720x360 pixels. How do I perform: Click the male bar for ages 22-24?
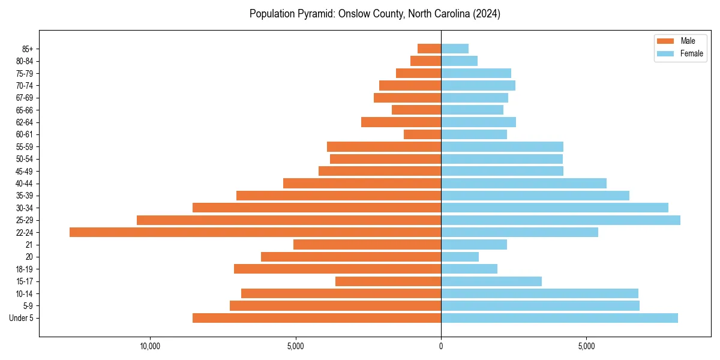point(255,232)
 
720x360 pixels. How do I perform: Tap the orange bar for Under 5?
point(317,318)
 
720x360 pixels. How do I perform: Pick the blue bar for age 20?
point(460,257)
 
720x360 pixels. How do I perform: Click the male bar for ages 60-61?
point(422,134)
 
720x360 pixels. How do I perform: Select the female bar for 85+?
point(455,49)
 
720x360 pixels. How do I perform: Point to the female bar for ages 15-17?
point(491,281)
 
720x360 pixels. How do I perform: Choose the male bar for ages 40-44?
point(362,184)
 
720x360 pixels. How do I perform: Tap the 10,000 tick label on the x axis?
point(149,346)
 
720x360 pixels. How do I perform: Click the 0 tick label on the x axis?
point(441,346)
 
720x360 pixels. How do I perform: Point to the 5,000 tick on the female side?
point(586,346)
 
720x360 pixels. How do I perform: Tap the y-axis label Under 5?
point(21,318)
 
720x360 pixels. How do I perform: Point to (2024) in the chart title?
point(486,14)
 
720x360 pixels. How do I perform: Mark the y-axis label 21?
point(29,245)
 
